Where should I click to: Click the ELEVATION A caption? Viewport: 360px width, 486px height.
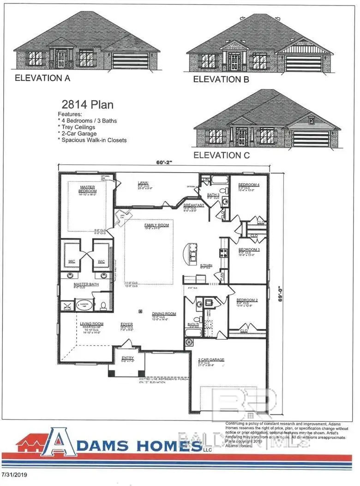pos(42,78)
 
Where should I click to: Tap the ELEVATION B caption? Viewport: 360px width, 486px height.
pos(221,79)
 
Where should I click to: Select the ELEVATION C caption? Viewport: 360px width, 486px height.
pos(222,155)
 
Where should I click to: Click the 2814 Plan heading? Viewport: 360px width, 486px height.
pos(88,105)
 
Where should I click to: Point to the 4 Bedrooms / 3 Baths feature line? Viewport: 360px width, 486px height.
pos(87,120)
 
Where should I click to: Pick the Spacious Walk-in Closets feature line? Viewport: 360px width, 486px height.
pos(92,140)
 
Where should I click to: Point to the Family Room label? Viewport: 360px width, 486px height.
pos(157,225)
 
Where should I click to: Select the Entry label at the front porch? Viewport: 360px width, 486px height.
pos(127,358)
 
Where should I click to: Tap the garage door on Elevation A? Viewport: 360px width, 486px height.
pos(130,60)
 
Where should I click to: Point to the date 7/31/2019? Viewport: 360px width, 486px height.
pos(14,474)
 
